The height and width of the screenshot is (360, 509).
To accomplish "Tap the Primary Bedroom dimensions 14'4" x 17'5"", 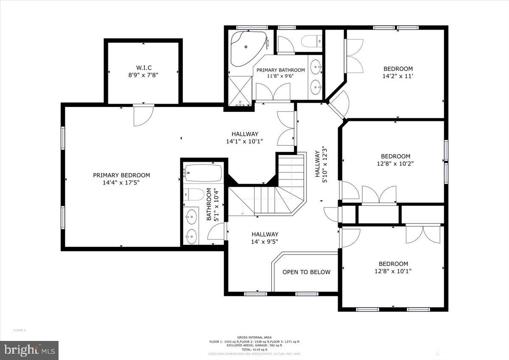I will pos(121,183).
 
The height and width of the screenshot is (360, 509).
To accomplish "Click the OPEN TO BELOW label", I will pos(306,272).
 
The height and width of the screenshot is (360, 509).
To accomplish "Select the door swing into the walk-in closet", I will pos(143,115).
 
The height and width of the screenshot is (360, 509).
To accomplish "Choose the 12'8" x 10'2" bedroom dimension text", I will pos(395,164).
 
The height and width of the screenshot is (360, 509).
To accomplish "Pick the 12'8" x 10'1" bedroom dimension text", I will pos(393,271).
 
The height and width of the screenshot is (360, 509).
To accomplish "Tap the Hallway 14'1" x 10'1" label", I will pos(245,142).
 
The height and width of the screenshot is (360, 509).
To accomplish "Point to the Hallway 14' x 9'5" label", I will pos(265,242).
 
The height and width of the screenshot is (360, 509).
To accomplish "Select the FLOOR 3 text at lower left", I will pos(20,330).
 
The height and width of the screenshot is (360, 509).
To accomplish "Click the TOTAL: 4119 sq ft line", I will pos(255,349).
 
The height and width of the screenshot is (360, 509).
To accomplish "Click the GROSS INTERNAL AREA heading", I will pos(255,337).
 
